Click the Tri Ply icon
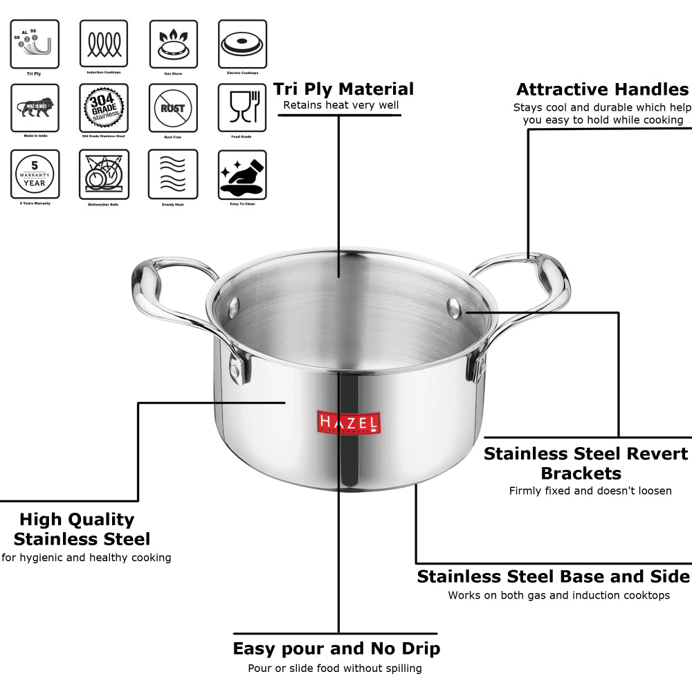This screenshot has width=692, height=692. tap(35, 44)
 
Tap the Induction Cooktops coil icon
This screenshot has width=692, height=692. tap(104, 44)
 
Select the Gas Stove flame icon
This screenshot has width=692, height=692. tap(173, 44)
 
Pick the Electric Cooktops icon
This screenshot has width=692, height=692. tap(242, 44)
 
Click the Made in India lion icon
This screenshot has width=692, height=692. tap(35, 108)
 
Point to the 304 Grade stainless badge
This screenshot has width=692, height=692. tap(104, 108)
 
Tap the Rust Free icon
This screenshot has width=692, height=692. tap(173, 108)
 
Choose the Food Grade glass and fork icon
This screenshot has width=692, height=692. tap(242, 108)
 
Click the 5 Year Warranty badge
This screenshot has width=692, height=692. tap(35, 174)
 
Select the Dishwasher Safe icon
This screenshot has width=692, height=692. tap(104, 174)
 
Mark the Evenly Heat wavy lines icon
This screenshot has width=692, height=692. tap(173, 174)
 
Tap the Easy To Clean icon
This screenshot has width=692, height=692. tap(242, 174)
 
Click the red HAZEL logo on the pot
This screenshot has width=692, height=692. tap(348, 422)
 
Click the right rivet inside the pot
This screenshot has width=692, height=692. tap(455, 307)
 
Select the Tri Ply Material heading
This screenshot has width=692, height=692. tap(343, 89)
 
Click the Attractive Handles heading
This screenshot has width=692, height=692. tap(602, 90)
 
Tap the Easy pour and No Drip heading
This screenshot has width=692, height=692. tap(336, 648)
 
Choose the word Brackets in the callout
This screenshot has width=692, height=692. tap(581, 473)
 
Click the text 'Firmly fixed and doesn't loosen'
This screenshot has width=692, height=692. tap(590, 491)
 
